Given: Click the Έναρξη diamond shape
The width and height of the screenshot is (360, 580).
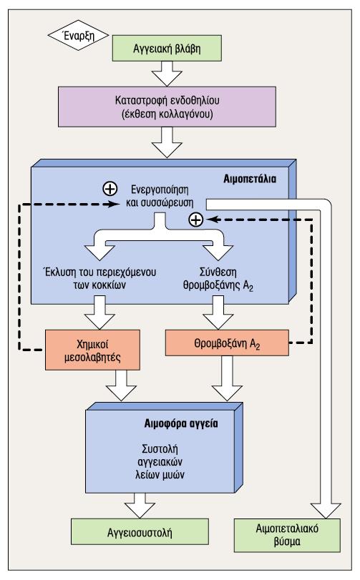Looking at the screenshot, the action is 79,36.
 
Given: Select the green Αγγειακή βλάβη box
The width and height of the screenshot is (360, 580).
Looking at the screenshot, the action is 167,48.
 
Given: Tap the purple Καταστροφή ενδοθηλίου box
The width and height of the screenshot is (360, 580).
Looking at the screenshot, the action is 167,107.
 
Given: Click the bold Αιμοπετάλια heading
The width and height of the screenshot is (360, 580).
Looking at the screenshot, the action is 250,179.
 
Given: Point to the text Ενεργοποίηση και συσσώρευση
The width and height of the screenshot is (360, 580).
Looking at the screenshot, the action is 160,196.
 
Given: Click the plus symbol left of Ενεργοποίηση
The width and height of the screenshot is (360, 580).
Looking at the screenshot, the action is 110,189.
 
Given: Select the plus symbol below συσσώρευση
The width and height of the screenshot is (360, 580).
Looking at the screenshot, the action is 196,220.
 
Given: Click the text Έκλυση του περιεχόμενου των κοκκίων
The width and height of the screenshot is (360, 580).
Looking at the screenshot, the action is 99,278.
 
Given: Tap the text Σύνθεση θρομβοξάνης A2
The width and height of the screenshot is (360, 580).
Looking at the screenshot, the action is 218,279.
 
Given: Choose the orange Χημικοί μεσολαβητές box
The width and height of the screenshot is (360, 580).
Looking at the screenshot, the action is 92,350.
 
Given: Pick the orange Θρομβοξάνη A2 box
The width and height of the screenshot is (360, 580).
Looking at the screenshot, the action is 227,343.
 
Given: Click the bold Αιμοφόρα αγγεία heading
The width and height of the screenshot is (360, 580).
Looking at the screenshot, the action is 181,423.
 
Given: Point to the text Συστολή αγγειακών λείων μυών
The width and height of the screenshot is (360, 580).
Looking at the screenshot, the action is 160,461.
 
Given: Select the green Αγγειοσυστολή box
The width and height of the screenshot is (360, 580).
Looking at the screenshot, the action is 140,531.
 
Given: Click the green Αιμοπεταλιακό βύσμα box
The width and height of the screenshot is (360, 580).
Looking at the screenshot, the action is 287,535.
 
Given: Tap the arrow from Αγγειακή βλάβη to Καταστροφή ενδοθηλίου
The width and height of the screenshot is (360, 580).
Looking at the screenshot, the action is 167,74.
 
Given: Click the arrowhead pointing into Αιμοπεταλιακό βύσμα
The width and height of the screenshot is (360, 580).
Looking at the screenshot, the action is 326,511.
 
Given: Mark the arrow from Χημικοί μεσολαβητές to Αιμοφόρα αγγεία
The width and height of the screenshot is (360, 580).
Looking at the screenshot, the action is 121,385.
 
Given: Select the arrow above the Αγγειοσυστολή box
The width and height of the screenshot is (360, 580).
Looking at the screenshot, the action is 140,506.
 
